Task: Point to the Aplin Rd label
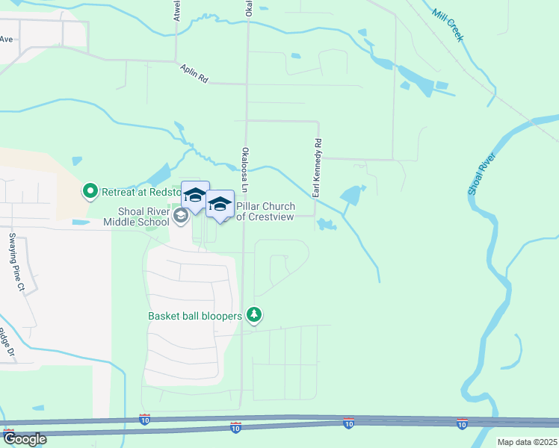[x=194, y=78]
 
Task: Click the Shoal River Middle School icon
[x=180, y=216]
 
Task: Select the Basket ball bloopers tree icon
[x=255, y=316]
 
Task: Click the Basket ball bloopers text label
[x=195, y=316]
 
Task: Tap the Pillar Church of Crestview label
[x=265, y=211]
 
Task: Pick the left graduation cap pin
[x=195, y=196]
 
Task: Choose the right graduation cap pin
[x=220, y=204]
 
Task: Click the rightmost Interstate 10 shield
[x=462, y=423]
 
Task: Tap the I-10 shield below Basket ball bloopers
[x=235, y=428]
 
